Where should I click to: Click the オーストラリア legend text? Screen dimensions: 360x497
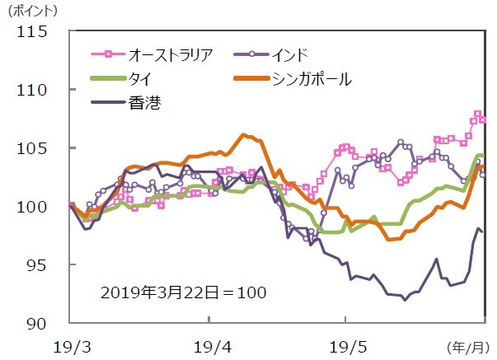[x=171, y=55]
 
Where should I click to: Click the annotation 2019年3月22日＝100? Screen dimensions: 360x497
[x=184, y=292]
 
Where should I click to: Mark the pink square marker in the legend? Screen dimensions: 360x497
[x=107, y=55]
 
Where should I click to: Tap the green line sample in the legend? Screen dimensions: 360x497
[x=107, y=79]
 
